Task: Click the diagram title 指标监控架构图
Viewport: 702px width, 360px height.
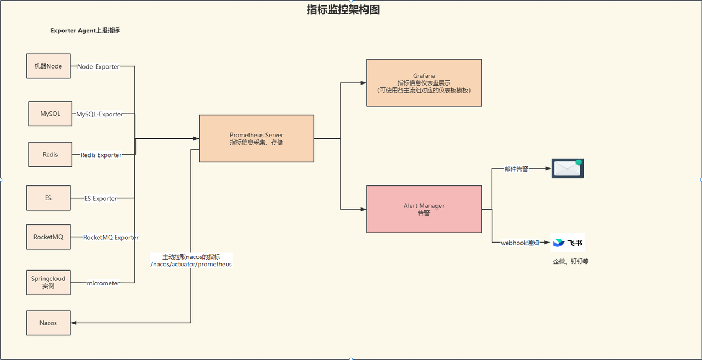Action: (x=343, y=10)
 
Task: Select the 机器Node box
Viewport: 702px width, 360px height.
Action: (x=48, y=66)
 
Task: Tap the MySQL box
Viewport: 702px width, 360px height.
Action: (x=50, y=114)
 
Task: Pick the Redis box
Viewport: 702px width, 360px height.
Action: (x=50, y=154)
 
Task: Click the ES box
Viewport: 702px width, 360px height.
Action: (x=48, y=198)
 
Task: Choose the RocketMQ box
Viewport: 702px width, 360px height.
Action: (x=48, y=237)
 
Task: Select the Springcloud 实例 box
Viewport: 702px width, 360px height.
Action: (x=48, y=282)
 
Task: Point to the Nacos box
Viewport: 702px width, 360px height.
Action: (x=48, y=323)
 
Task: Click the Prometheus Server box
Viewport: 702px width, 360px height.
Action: (x=256, y=138)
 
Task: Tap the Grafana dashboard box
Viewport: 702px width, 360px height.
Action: (x=424, y=83)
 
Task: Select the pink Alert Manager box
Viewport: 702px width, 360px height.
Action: (x=424, y=209)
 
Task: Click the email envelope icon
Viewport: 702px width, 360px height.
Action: (x=568, y=168)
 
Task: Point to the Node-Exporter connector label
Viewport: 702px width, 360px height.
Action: (x=98, y=66)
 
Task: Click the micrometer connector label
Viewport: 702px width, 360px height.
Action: (x=103, y=283)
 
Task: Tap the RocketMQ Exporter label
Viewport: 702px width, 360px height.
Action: (x=111, y=238)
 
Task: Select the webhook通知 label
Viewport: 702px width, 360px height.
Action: (x=520, y=243)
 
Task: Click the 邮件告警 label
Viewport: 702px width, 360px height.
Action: (x=516, y=169)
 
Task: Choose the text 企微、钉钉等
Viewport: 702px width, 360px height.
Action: (x=571, y=262)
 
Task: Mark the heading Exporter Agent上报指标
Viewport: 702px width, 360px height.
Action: (x=85, y=31)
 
